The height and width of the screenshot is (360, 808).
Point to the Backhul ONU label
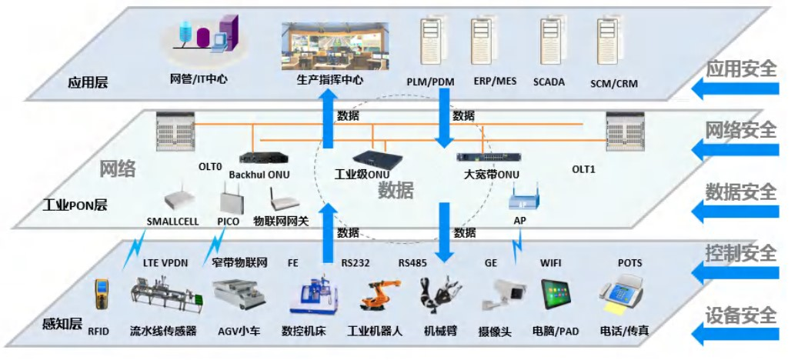pyautogui.click(x=259, y=175)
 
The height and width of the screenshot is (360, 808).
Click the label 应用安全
pyautogui.click(x=741, y=68)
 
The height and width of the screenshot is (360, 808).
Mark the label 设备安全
pyautogui.click(x=741, y=315)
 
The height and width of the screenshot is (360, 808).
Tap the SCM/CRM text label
pyautogui.click(x=614, y=83)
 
